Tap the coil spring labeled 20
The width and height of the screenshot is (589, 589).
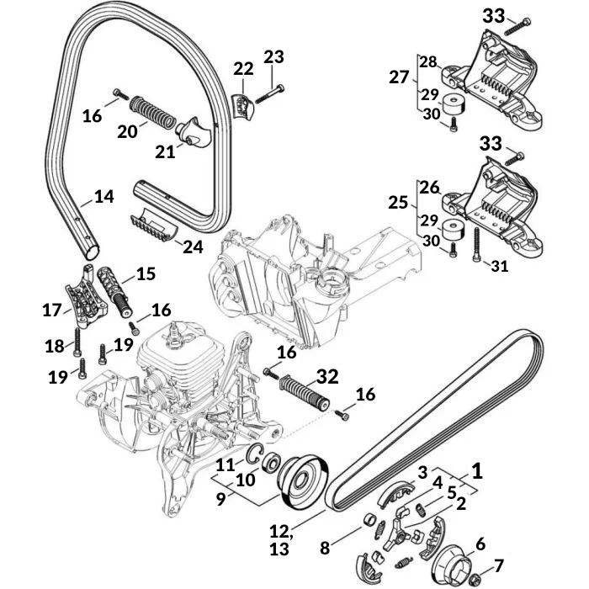[154, 112]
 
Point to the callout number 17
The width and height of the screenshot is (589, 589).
[52, 310]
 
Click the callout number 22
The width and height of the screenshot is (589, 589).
[242, 68]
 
